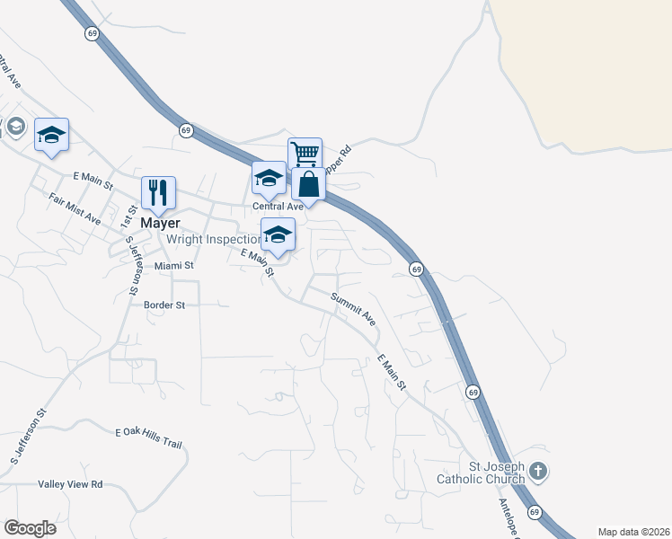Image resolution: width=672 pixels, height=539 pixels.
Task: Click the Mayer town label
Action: pos(160,223)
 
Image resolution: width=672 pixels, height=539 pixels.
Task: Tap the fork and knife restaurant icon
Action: pos(158,192)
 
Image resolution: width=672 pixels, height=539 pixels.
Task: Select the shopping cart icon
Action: pos(305,154)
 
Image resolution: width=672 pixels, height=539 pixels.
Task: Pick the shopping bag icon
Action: pos(308,184)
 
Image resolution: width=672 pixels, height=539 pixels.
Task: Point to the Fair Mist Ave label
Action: pos(75,209)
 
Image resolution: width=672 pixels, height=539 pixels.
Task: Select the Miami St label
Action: pos(174,266)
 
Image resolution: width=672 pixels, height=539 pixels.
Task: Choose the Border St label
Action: pos(164,305)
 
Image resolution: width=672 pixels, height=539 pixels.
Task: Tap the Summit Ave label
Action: pos(352,307)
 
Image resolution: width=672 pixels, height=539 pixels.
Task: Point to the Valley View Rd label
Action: pos(70,484)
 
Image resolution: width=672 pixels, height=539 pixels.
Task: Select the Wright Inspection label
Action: pos(212,239)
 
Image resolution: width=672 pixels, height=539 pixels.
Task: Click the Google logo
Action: pos(30,528)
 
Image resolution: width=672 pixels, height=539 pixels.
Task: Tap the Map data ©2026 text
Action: pos(633,532)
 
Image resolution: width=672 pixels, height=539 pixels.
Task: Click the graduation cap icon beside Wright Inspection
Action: pos(278,235)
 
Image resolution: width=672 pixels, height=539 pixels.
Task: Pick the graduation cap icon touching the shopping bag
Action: pos(269,179)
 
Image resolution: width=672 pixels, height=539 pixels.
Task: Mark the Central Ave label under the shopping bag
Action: pos(278,207)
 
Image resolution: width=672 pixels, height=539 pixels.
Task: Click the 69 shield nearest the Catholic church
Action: pos(535,512)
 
